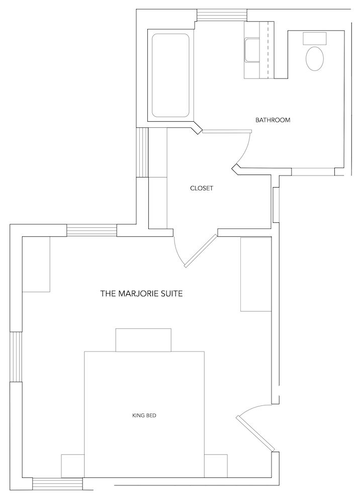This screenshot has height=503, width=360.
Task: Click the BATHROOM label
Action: point(273,120)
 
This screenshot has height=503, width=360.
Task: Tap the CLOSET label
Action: point(202,188)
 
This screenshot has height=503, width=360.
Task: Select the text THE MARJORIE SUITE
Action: point(141,293)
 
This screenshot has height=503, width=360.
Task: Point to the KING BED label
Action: point(145,415)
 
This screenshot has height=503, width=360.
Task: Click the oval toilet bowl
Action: point(315,59)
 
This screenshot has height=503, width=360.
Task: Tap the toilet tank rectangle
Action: point(315,38)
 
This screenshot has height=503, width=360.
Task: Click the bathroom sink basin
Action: point(251,51)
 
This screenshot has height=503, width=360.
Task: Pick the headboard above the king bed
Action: point(144,340)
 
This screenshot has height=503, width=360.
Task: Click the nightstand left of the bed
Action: point(72,466)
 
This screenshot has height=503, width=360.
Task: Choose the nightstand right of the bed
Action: point(216,466)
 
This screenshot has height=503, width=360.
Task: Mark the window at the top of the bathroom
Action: point(222,15)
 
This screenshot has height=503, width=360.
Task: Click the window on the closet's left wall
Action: point(143,152)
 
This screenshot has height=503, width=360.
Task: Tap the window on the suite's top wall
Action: point(92,230)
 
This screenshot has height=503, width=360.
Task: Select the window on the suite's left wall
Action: point(16,357)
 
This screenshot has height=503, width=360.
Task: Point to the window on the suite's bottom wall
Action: point(57,483)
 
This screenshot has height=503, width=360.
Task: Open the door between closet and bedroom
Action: point(200,250)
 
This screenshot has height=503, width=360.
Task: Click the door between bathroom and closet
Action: point(226,131)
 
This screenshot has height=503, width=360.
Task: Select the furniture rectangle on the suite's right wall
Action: point(256,275)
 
